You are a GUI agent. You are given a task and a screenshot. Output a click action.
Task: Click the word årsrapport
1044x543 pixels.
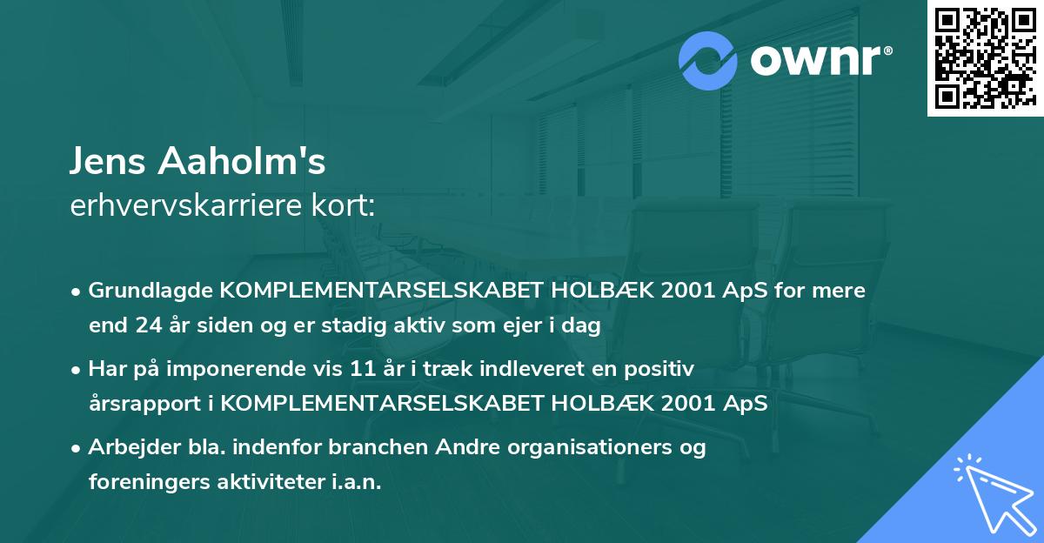[x=142, y=404]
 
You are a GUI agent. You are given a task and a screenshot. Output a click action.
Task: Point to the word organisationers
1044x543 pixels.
[x=588, y=448]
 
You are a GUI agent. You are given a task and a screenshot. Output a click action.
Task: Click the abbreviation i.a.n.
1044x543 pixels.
[x=353, y=482]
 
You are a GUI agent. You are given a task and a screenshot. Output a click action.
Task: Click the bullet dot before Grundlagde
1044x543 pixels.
[x=77, y=292]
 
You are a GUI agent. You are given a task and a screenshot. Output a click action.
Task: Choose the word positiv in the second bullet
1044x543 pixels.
[x=664, y=370]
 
